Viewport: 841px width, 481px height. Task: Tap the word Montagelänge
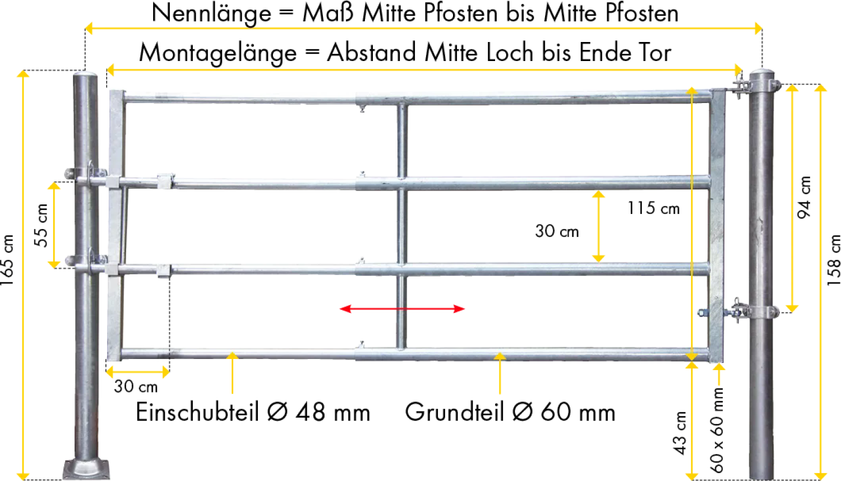(218, 53)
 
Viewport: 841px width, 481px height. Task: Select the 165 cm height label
(7, 260)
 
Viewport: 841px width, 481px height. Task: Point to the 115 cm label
(654, 208)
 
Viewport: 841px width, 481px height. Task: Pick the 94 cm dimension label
(804, 197)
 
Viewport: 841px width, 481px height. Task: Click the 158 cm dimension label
(834, 260)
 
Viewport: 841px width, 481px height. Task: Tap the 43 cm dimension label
(680, 433)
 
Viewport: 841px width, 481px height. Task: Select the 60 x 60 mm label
(717, 429)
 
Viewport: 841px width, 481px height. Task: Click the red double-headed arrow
(402, 309)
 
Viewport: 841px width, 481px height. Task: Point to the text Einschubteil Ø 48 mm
(253, 412)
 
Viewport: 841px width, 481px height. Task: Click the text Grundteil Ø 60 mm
(510, 412)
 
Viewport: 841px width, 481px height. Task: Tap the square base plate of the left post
(86, 469)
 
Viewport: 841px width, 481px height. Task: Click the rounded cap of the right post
(761, 73)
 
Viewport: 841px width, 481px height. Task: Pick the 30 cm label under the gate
(136, 386)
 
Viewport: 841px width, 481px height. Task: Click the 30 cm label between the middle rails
(557, 231)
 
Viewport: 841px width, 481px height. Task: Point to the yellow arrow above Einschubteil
(233, 373)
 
